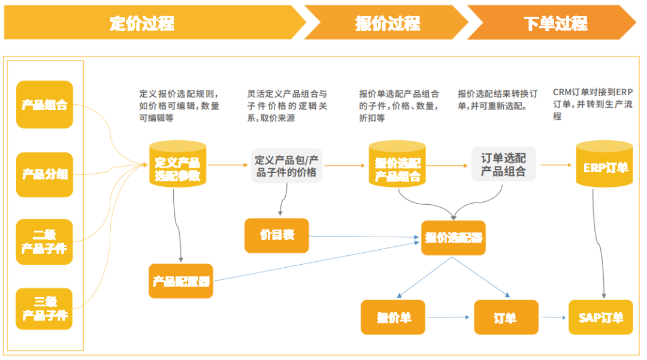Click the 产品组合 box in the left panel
point(44,104)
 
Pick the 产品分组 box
point(44,174)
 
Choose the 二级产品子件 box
point(44,241)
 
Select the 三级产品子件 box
point(44,309)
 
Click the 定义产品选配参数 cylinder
point(177,164)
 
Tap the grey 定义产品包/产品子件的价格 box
point(286,166)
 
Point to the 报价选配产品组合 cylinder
point(397,164)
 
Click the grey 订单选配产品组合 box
point(503,164)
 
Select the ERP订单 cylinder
point(604,164)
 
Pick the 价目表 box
point(276,235)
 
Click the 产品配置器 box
point(181,282)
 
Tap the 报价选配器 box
point(453,238)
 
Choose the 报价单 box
point(393,317)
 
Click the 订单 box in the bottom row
point(506,317)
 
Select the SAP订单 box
point(601,317)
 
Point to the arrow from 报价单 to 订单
point(448,317)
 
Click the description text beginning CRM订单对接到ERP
point(592,104)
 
